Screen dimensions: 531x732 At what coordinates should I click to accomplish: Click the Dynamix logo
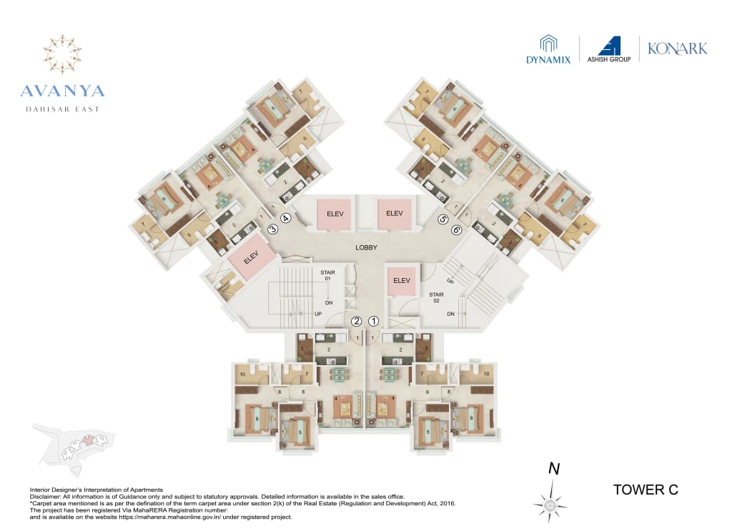[x=548, y=50]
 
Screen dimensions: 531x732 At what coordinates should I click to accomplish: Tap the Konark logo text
[x=677, y=49]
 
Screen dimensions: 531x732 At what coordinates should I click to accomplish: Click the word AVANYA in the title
[x=62, y=91]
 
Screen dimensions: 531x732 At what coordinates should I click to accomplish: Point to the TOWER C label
[x=646, y=490]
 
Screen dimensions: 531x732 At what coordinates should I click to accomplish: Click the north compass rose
[x=550, y=505]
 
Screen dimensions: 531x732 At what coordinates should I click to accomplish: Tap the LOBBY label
[x=366, y=247]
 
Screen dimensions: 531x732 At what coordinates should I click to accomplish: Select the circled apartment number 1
[x=373, y=322]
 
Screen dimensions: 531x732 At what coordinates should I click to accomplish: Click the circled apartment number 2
[x=355, y=322]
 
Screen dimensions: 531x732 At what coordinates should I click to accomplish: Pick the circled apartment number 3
[x=272, y=229]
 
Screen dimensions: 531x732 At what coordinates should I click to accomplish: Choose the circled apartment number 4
[x=285, y=219]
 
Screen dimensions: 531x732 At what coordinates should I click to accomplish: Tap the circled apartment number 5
[x=443, y=219]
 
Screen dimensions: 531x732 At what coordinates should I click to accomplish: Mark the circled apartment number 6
[x=455, y=230]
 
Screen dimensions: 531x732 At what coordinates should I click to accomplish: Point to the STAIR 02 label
[x=437, y=297]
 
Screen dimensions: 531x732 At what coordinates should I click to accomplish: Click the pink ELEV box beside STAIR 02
[x=401, y=281]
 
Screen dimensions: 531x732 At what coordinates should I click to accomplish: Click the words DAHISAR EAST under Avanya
[x=62, y=109]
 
